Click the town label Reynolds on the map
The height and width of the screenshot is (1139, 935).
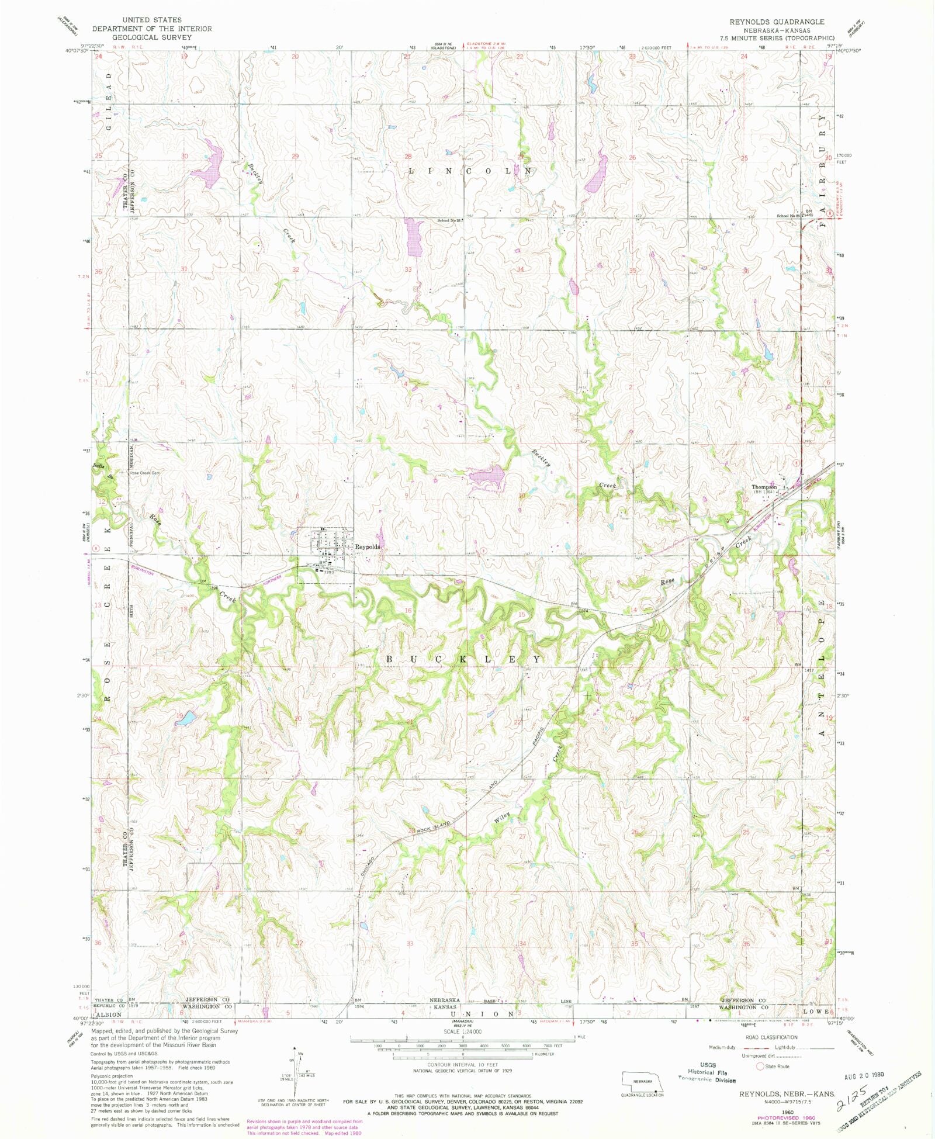click(368, 546)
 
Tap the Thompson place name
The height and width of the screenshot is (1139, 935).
click(764, 487)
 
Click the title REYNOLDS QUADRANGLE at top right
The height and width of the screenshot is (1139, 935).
click(777, 22)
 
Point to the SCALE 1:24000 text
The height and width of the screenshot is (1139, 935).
click(463, 1031)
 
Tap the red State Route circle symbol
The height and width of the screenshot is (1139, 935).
click(760, 1066)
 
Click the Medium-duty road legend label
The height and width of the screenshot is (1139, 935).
click(721, 1047)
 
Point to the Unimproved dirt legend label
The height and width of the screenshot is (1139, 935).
click(759, 1056)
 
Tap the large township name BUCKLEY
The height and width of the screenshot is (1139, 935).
click(464, 659)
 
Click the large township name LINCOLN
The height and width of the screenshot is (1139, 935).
click(470, 171)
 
